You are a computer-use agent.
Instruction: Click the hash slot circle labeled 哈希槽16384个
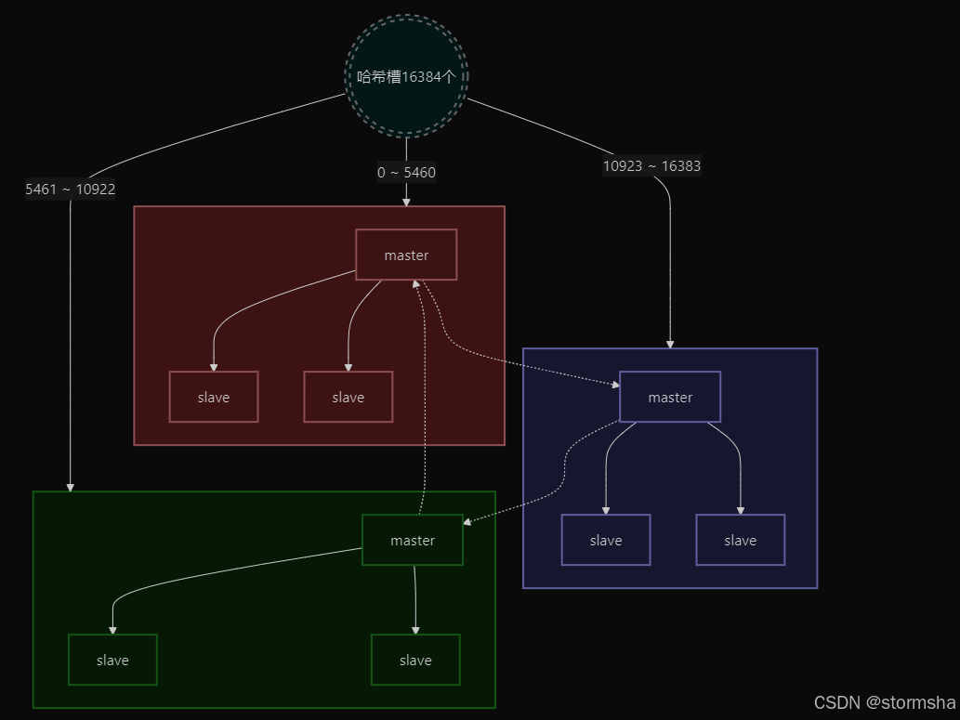point(406,76)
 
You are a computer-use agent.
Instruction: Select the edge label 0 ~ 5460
point(406,172)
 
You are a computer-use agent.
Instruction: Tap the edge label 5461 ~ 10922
point(71,190)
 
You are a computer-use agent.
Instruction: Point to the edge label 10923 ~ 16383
point(651,166)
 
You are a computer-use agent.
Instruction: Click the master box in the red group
point(406,255)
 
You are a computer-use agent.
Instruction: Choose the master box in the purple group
point(669,397)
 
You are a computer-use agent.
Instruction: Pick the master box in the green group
point(412,540)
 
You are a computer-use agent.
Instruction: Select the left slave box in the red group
point(213,397)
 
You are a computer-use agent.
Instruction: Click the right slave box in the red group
point(348,397)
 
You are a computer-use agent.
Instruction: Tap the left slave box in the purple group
point(605,540)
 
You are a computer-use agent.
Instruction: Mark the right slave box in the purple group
point(740,540)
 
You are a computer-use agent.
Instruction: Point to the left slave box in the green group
point(112,660)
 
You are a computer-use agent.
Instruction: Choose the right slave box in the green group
point(414,660)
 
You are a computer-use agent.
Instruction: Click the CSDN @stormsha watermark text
point(884,702)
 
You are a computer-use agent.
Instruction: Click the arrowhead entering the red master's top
point(406,201)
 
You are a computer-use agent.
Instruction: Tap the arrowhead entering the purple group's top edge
point(669,344)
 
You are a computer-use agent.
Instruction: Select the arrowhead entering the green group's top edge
point(71,487)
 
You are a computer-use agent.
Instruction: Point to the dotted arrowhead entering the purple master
point(614,384)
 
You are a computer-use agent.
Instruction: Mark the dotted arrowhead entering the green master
point(467,523)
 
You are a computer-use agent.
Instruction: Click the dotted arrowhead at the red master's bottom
point(417,284)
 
